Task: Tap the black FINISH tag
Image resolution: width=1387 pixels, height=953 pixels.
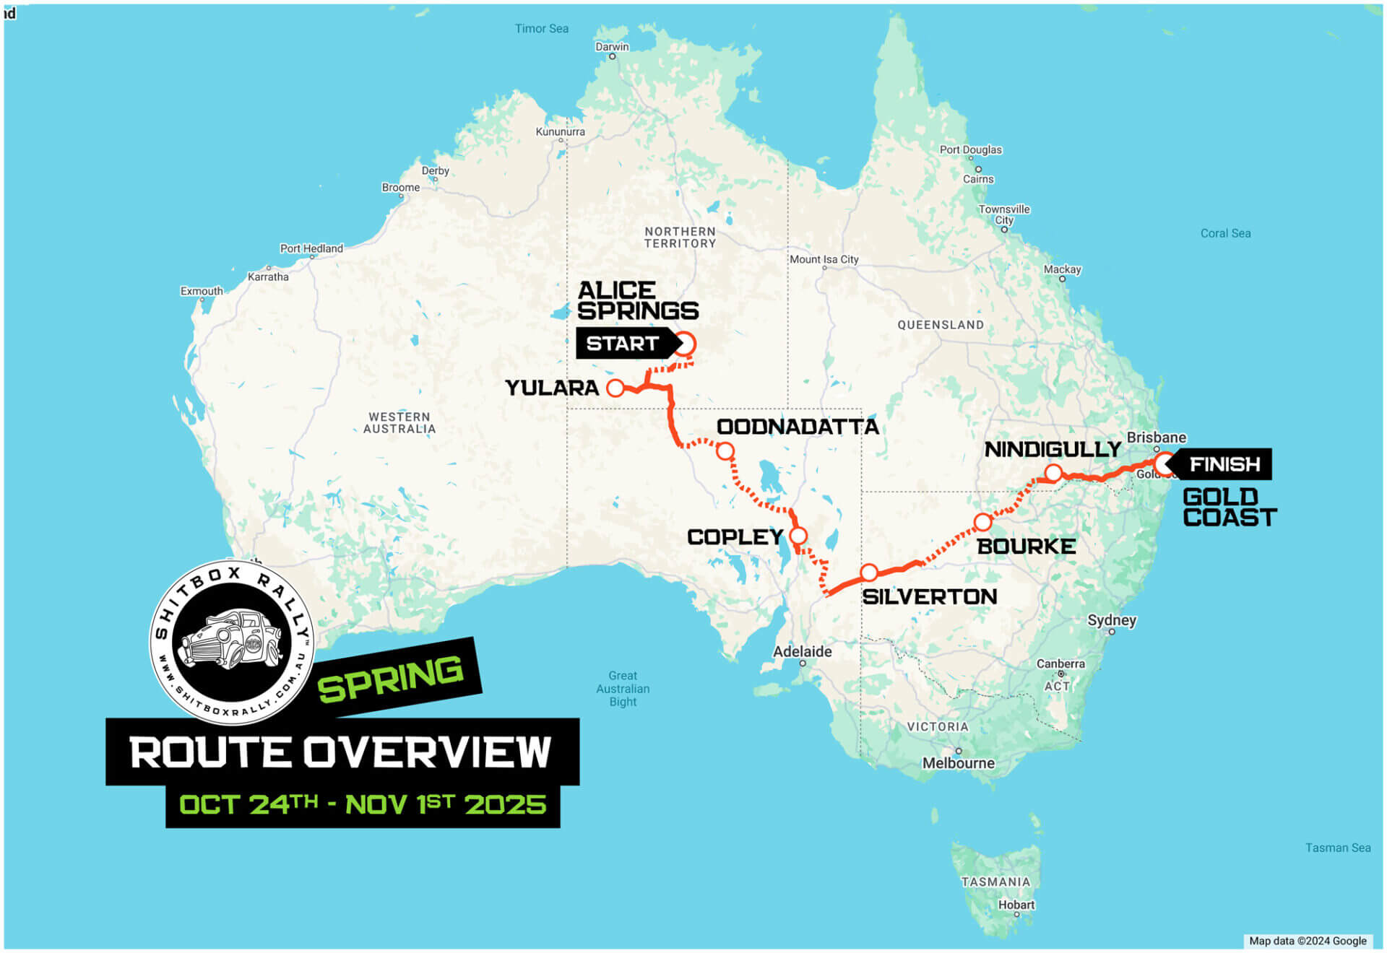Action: pyautogui.click(x=1224, y=464)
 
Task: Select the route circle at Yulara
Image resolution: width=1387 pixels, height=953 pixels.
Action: pyautogui.click(x=615, y=388)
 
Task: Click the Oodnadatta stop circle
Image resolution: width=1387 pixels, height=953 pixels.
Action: pyautogui.click(x=725, y=452)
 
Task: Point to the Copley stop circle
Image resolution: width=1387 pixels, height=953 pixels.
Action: pyautogui.click(x=798, y=536)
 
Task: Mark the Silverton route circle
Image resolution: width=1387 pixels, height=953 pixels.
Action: pyautogui.click(x=869, y=573)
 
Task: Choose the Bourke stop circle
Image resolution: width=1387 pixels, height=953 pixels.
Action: pyautogui.click(x=982, y=522)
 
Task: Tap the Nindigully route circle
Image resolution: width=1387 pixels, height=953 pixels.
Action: pyautogui.click(x=1053, y=474)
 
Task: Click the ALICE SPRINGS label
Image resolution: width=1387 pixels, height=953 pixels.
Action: pyautogui.click(x=637, y=300)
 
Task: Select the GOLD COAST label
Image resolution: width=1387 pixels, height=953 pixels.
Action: pyautogui.click(x=1230, y=508)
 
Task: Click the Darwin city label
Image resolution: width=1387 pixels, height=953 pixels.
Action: pyautogui.click(x=612, y=47)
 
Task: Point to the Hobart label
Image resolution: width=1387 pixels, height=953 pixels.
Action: pyautogui.click(x=1016, y=905)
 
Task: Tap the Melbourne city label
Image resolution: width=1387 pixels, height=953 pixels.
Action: pyautogui.click(x=958, y=763)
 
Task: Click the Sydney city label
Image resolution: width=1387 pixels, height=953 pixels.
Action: pyautogui.click(x=1112, y=620)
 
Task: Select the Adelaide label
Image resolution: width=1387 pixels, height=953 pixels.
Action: pyautogui.click(x=802, y=651)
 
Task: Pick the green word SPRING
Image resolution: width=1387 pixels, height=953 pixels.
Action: pyautogui.click(x=391, y=679)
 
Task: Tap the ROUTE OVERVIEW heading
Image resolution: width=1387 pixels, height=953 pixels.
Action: pyautogui.click(x=341, y=752)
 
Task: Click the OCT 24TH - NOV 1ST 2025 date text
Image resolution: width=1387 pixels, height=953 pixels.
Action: pyautogui.click(x=363, y=804)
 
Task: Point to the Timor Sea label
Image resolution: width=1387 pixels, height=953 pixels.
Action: pyautogui.click(x=541, y=29)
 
